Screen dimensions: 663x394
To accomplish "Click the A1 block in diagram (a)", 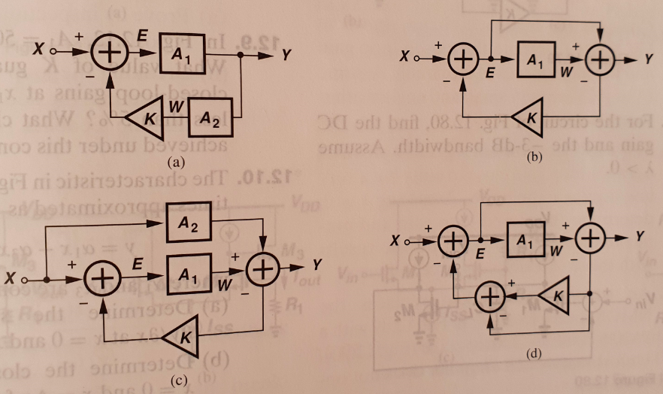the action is (181, 52).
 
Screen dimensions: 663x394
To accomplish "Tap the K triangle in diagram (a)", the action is (149, 117).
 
